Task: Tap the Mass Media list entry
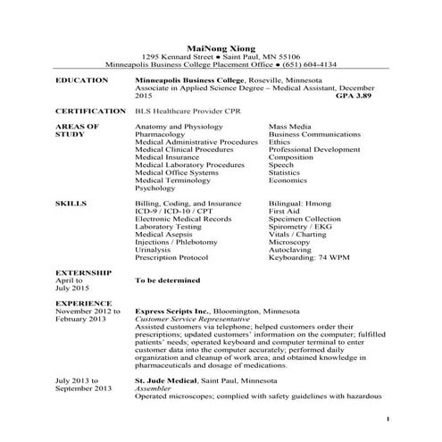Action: (290, 128)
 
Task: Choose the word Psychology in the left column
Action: (155, 188)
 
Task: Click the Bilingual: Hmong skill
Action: (300, 204)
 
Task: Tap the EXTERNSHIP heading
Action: (84, 271)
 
